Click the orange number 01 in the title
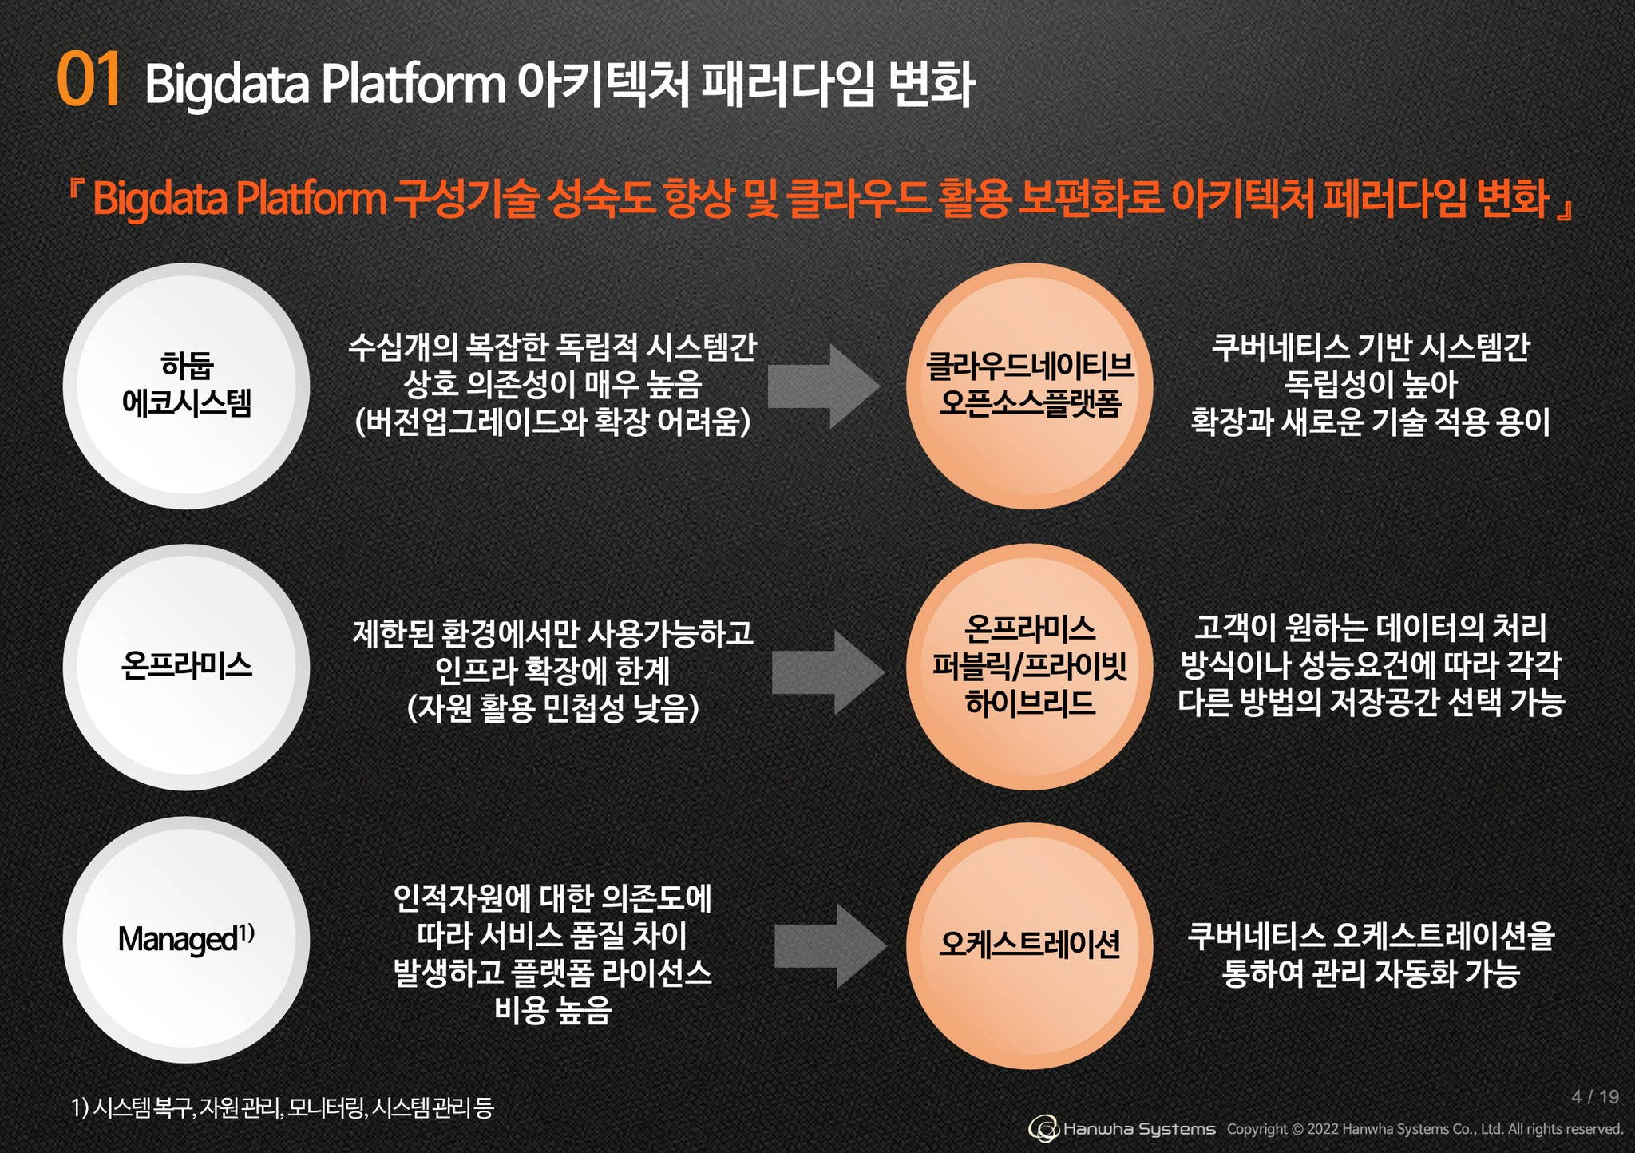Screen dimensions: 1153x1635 click(x=89, y=79)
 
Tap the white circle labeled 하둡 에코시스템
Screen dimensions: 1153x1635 click(x=186, y=386)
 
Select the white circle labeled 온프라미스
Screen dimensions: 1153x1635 click(x=186, y=667)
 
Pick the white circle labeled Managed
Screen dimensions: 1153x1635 click(x=186, y=939)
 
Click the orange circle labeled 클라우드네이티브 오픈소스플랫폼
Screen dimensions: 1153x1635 click(x=1029, y=386)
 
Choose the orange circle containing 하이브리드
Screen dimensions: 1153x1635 click(x=1029, y=667)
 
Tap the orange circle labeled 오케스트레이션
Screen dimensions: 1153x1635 click(x=1029, y=945)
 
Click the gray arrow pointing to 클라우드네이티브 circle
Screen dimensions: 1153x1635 click(x=823, y=386)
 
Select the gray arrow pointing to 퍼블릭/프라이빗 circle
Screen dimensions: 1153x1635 click(x=827, y=672)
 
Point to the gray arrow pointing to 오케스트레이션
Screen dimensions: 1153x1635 click(x=829, y=946)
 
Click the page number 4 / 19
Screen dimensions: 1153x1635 click(x=1594, y=1097)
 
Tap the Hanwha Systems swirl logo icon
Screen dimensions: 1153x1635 click(x=1043, y=1129)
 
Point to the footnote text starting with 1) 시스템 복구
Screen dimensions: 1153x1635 click(x=283, y=1108)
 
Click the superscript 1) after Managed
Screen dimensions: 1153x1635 click(x=246, y=932)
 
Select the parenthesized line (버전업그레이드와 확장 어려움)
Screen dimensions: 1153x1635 click(x=552, y=422)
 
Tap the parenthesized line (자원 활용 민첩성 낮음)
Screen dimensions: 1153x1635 click(x=552, y=708)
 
